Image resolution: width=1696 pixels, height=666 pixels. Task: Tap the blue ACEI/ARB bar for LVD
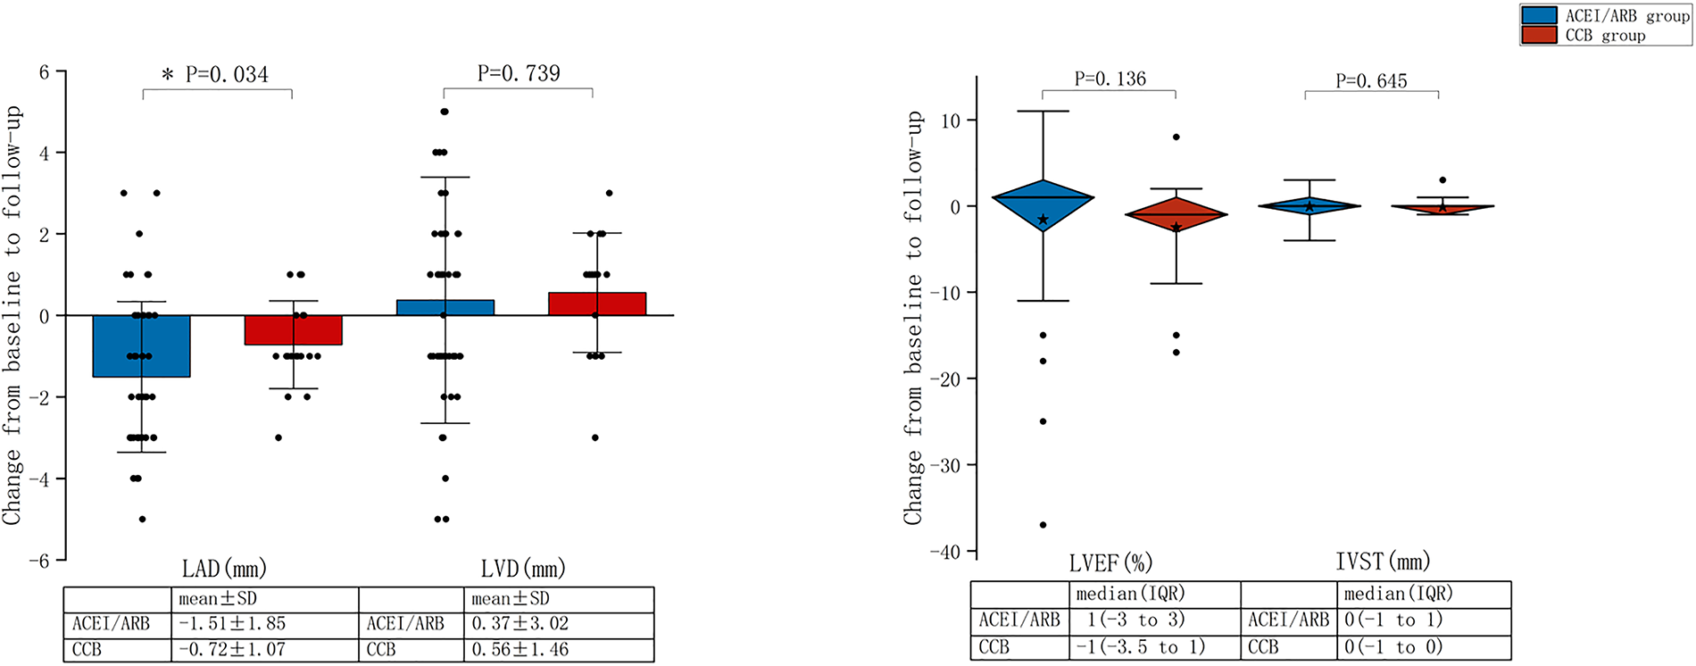click(x=445, y=308)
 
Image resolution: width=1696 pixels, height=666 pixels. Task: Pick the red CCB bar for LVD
click(x=597, y=304)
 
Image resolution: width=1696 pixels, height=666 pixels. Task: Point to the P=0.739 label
click(x=519, y=73)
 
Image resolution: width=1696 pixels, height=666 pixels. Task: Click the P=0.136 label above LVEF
click(x=1110, y=79)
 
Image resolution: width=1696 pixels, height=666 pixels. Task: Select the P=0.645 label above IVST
click(x=1371, y=81)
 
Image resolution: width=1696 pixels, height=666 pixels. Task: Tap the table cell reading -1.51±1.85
click(x=232, y=624)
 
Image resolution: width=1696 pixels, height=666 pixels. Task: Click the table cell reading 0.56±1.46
click(x=520, y=650)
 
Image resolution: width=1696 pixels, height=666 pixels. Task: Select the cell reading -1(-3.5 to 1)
click(x=1146, y=647)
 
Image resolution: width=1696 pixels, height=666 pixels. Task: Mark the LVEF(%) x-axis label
click(x=1110, y=563)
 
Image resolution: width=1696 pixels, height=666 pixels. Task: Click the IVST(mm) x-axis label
click(x=1383, y=562)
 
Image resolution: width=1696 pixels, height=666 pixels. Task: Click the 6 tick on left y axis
click(x=44, y=71)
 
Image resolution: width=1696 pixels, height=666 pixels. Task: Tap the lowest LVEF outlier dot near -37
click(x=1043, y=525)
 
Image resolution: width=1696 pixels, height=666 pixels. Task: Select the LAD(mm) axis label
click(x=224, y=569)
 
